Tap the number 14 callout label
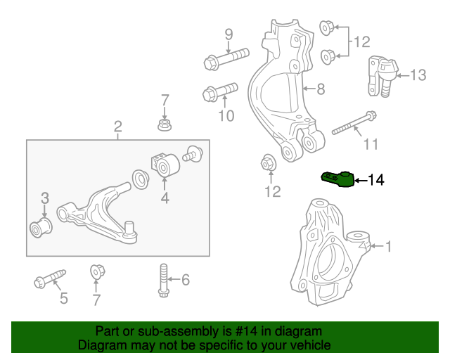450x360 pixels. coord(376,181)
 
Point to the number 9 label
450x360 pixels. coord(229,34)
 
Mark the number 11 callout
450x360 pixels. coord(371,145)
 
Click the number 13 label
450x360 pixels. coord(418,75)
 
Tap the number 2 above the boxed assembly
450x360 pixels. coord(117,127)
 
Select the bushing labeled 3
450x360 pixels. coord(40,228)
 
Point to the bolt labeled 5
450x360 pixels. coord(49,277)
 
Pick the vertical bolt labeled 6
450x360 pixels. coord(163,282)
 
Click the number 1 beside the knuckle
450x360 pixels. coord(387,246)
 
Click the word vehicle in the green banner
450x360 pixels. coord(310,345)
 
